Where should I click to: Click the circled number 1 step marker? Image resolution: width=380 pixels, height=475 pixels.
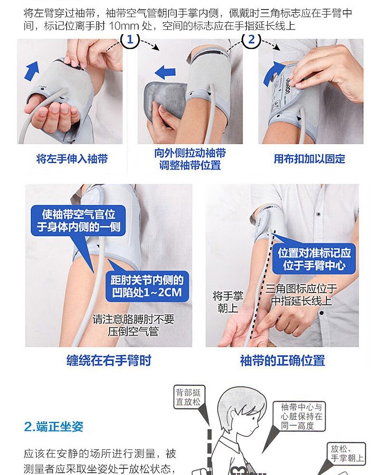(130, 40)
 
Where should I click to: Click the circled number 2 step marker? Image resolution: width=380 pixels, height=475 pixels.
(251, 40)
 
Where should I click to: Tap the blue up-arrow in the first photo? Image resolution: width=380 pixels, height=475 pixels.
(32, 71)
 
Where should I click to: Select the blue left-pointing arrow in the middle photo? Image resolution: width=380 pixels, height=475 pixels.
(165, 72)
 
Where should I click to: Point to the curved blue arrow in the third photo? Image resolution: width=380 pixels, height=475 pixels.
(273, 73)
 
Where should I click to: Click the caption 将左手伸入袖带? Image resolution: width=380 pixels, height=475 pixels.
(72, 159)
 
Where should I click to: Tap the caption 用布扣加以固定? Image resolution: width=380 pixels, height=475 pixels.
(309, 159)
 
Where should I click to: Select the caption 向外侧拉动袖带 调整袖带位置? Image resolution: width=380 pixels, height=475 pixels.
(190, 159)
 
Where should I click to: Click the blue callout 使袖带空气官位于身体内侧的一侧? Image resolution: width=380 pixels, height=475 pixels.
(78, 220)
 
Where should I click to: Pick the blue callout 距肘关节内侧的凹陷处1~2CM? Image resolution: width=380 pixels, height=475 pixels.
(147, 286)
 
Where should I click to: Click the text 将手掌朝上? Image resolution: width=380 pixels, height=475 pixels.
(228, 302)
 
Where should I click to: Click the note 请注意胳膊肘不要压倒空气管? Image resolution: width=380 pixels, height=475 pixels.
(133, 325)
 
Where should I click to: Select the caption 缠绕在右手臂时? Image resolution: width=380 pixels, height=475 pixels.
(109, 361)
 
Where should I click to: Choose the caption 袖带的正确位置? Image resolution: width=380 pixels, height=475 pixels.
(283, 361)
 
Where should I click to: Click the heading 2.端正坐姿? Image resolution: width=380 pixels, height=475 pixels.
(54, 427)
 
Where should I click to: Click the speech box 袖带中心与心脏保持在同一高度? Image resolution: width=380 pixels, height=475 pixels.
(299, 416)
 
